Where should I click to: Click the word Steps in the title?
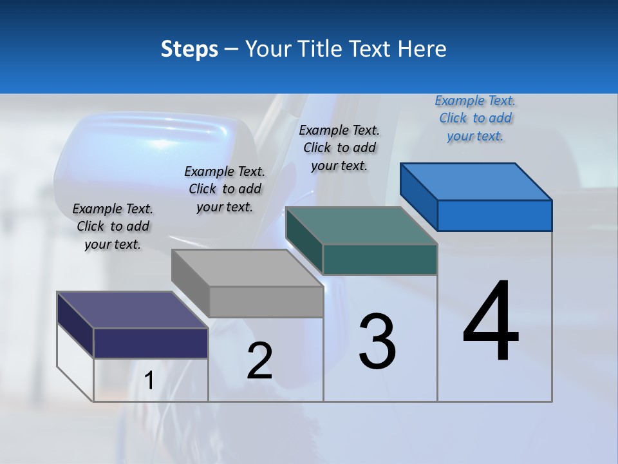point(189,49)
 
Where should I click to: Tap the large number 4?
point(491,322)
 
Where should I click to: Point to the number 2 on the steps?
point(260,361)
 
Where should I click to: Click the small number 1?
point(149,380)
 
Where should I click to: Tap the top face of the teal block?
point(360,226)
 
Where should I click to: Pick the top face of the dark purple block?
point(132,310)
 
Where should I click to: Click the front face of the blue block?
point(494,215)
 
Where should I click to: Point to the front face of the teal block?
point(380,259)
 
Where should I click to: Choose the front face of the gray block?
point(266,302)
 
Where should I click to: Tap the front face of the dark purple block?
point(151,343)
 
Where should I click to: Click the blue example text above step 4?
point(475,118)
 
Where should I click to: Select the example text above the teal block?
point(339,148)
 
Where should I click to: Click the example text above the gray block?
point(225,189)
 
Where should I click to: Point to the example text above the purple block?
point(113,226)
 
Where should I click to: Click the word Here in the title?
point(422,49)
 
